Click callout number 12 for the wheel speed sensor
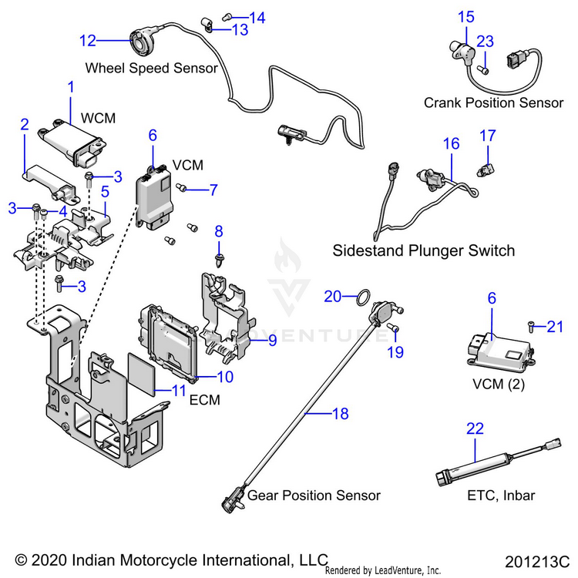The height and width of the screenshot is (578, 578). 88,41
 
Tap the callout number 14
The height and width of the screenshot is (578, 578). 257,18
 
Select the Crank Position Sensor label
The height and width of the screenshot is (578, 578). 493,102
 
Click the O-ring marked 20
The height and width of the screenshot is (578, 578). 363,297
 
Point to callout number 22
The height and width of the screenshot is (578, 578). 475,428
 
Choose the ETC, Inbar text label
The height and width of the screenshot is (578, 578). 501,496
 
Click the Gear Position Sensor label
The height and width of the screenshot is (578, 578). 314,496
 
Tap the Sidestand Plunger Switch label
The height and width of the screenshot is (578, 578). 424,250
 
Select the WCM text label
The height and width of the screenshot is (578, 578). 98,118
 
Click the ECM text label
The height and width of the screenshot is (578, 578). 204,400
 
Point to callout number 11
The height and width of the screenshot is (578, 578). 179,391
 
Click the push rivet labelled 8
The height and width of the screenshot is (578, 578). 220,260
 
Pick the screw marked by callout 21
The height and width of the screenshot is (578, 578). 531,327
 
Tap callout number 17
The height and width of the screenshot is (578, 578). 488,136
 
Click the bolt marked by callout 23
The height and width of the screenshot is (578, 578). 483,69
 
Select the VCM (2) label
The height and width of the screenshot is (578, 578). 499,385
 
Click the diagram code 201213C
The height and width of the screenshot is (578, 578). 536,562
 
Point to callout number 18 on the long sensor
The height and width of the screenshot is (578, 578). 340,414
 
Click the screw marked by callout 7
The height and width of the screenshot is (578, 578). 181,187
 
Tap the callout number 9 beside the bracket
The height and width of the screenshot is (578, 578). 272,340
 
